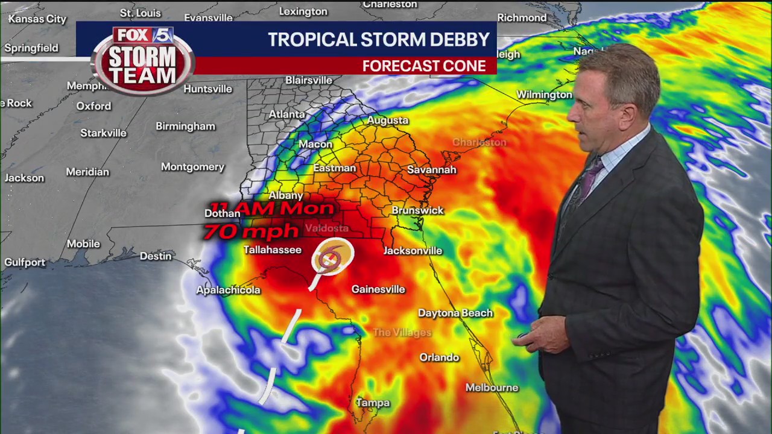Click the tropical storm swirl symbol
pos(331,257)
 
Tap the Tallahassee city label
pos(272,250)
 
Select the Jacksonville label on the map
pos(413,251)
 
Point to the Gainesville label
pos(378,289)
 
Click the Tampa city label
pos(372,403)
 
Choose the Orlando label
pos(439,357)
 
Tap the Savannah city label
pos(431,170)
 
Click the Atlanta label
pos(286,114)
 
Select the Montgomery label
pos(192,167)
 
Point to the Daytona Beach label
pos(455,313)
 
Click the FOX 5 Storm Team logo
pos(143,60)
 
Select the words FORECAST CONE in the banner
pos(424,66)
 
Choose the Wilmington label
pos(544,95)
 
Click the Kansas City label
pos(37,19)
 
